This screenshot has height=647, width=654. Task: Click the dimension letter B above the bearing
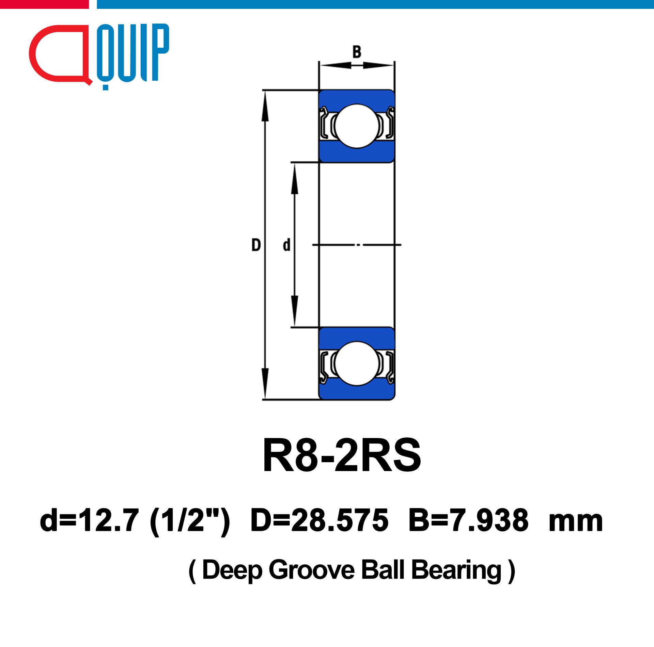357,52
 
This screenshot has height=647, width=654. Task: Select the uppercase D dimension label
256,245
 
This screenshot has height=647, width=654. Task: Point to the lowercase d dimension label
286,245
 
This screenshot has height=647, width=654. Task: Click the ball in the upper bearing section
357,126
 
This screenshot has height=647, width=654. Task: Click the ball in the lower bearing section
357,363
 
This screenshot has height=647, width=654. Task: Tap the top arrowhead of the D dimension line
265,106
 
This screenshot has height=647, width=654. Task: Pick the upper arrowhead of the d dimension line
295,179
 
